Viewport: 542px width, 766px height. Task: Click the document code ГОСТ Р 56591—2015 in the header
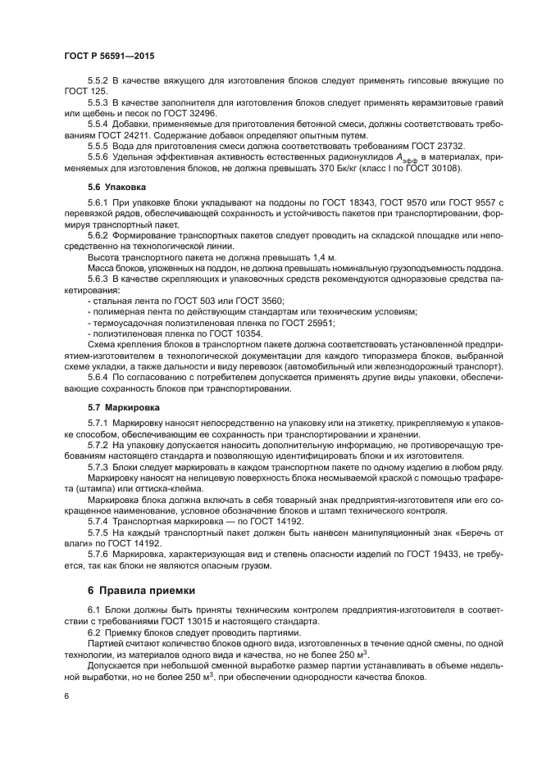point(108,55)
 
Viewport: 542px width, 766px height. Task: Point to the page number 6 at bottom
point(66,696)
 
